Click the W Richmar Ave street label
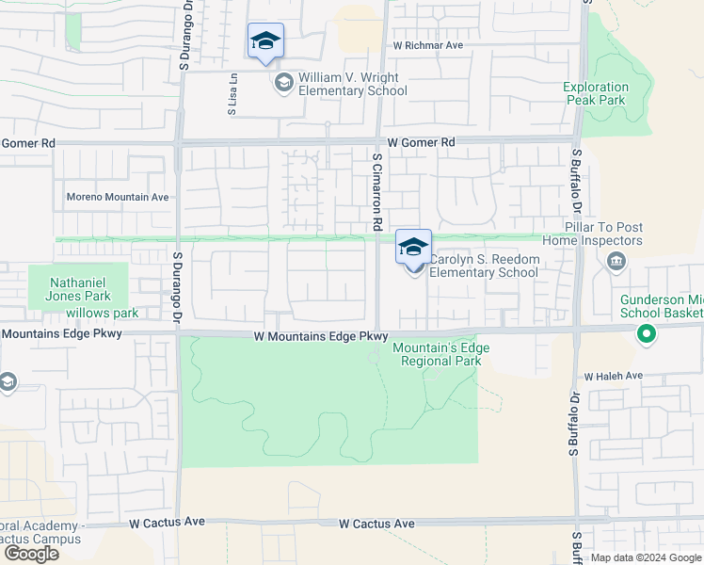(428, 45)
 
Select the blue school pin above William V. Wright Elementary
(265, 41)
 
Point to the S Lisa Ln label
(232, 95)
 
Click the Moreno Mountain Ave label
(117, 198)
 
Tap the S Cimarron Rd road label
(376, 193)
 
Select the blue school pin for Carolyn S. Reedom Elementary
(413, 248)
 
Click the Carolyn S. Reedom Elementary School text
(484, 266)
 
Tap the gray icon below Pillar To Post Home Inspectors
(616, 261)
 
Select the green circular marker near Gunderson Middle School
(646, 332)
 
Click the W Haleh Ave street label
(613, 376)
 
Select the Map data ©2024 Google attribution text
(645, 557)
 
